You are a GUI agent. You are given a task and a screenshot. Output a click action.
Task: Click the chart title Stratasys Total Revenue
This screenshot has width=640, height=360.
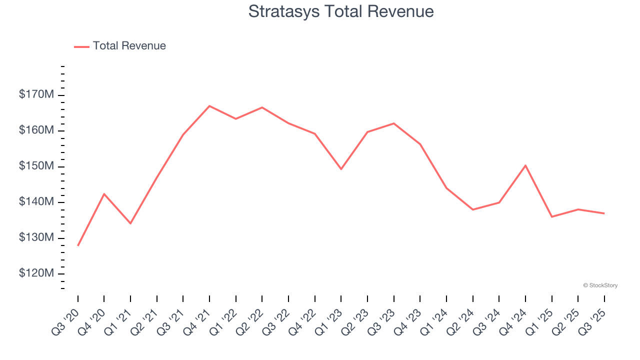click(x=341, y=11)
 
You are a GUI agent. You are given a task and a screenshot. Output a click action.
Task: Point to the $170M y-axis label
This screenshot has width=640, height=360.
click(x=36, y=94)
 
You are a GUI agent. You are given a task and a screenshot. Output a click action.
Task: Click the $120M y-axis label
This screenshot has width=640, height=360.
click(x=36, y=273)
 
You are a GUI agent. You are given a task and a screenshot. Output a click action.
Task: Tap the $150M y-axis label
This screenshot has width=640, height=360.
click(x=36, y=166)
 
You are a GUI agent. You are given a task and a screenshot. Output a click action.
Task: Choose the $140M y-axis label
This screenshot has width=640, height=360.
click(x=36, y=202)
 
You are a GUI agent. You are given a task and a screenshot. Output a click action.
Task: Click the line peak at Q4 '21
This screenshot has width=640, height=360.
click(x=209, y=106)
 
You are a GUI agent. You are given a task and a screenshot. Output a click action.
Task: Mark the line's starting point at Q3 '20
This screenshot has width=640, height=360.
click(x=78, y=245)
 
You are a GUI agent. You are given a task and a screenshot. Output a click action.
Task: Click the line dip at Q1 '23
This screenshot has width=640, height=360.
click(x=341, y=169)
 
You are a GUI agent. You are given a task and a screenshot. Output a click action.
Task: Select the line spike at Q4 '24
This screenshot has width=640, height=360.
click(x=525, y=165)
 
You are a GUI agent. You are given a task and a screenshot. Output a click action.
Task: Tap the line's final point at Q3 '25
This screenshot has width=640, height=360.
click(x=604, y=213)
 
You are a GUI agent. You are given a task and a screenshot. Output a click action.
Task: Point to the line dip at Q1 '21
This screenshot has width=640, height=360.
click(x=130, y=223)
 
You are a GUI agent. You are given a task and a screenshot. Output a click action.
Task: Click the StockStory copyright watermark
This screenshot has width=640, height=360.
click(x=600, y=285)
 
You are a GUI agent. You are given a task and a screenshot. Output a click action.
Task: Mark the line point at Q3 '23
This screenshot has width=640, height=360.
click(x=393, y=123)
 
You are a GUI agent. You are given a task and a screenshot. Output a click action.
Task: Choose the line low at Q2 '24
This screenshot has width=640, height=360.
click(x=472, y=209)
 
